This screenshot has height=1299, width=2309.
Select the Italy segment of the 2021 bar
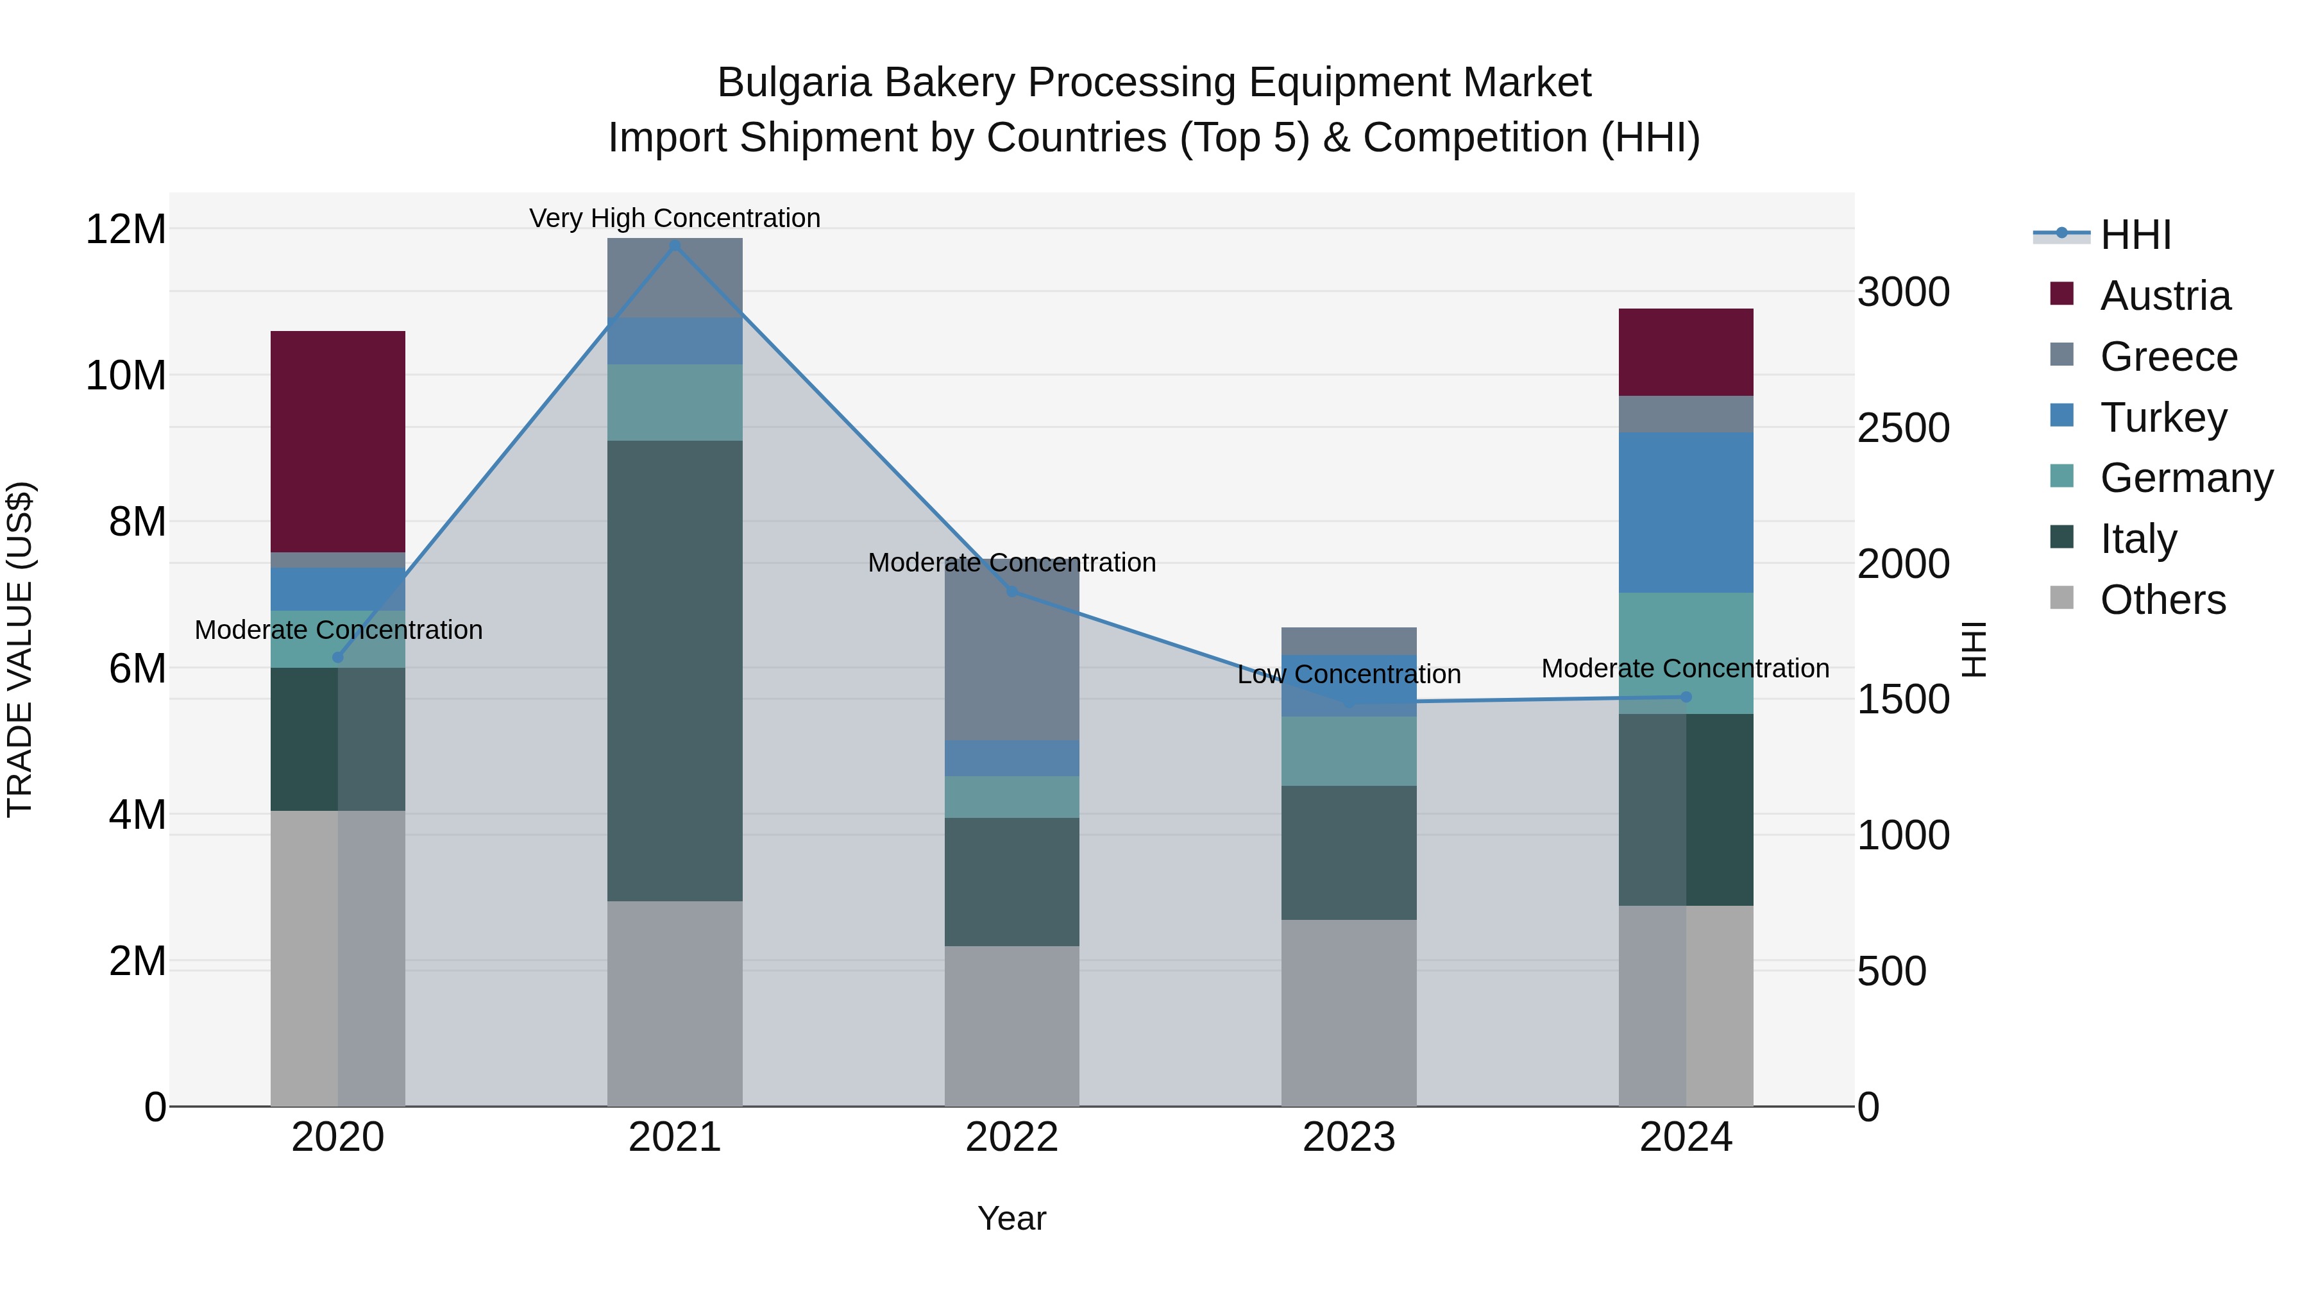point(674,670)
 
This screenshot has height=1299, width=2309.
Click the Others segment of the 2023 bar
point(1348,1012)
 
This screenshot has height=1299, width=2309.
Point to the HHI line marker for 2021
point(675,245)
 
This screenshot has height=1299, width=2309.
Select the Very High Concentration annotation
point(674,218)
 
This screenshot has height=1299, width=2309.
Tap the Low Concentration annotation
point(1348,674)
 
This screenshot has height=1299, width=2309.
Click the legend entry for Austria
point(2165,296)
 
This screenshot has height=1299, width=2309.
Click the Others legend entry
point(2162,600)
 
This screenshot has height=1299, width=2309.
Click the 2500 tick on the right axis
point(1902,428)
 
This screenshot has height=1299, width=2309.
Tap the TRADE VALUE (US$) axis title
point(20,649)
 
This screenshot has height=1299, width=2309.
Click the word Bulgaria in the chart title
point(793,83)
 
